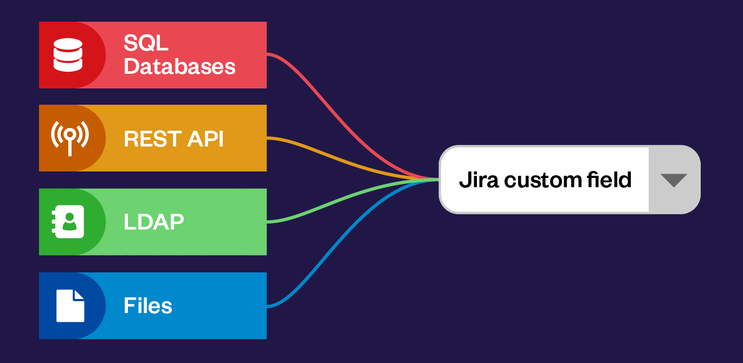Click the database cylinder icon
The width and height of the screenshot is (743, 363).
tap(68, 55)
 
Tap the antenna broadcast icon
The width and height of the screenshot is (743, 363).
tap(69, 137)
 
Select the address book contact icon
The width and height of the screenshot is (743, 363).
tap(69, 221)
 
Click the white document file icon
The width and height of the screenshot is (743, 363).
tap(70, 305)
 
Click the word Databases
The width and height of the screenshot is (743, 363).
tap(179, 67)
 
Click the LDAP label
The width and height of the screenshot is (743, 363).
tap(153, 221)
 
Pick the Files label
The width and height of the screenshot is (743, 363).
tap(147, 306)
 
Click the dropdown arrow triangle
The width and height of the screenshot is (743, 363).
tap(674, 180)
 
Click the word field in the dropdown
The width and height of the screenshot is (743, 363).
tap(611, 180)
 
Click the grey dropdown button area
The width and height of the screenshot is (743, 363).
tap(674, 180)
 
